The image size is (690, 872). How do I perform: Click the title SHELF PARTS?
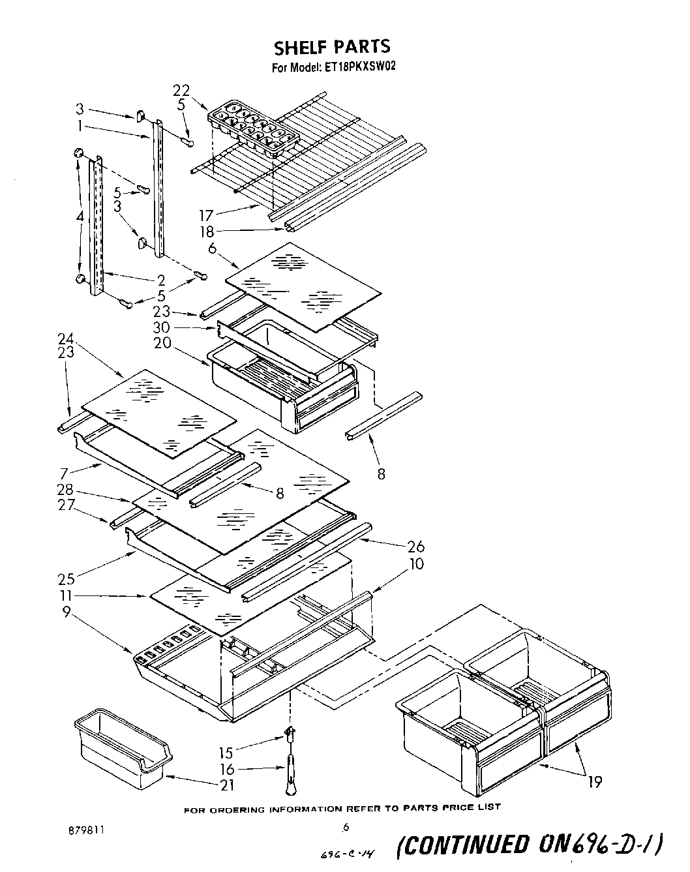point(331,46)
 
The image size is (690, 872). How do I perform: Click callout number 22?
point(181,90)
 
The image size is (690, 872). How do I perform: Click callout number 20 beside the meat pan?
point(162,342)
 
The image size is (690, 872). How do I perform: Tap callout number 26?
point(415,546)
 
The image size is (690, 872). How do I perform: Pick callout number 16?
point(226,770)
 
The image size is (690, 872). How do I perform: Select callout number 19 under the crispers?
point(594,781)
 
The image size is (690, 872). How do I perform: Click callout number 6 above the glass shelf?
point(212,248)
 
